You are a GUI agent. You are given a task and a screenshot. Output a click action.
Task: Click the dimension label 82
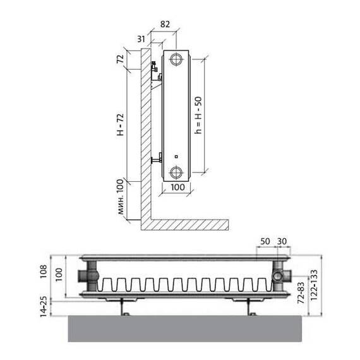coord(165,24)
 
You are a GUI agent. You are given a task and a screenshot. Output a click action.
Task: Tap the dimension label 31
coord(141,39)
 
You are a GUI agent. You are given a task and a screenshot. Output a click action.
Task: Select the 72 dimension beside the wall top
coord(120,59)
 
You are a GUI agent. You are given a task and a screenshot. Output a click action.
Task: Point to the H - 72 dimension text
coord(120,124)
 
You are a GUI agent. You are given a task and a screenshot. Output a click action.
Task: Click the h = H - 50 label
coord(198,115)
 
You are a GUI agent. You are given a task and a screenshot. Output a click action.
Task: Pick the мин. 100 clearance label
coord(120,197)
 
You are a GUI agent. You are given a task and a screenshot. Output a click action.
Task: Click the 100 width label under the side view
coord(177,187)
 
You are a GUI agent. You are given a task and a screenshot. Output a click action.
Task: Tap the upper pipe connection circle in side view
coord(176,59)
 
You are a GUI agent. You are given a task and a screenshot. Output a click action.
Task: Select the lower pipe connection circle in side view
coord(176,172)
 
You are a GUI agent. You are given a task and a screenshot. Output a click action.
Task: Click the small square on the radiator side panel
coord(176,157)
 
